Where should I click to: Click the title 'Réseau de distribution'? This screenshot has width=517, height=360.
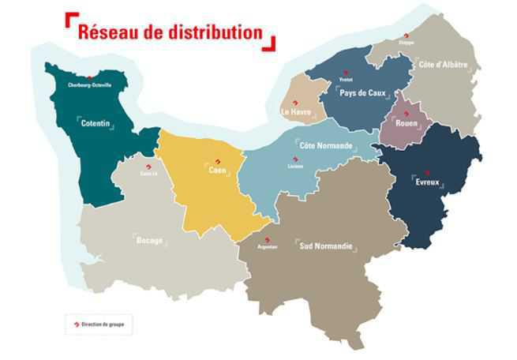[x=170, y=32]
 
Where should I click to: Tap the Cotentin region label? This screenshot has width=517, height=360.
[x=94, y=123]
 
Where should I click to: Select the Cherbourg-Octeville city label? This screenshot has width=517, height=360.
[x=90, y=84]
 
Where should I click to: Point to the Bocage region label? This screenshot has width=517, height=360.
[x=149, y=240]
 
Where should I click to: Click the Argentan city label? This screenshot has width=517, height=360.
[x=268, y=247]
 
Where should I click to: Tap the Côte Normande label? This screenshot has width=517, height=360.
[x=326, y=146]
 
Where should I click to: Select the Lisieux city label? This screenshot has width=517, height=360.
[x=296, y=167]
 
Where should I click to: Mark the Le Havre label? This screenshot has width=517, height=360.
[x=296, y=112]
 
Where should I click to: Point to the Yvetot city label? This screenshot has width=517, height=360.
[x=345, y=80]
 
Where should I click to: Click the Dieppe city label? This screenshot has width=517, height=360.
[x=406, y=42]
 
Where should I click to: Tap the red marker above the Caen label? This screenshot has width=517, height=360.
[x=218, y=161]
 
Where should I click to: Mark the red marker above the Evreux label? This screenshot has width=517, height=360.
[x=426, y=172]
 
